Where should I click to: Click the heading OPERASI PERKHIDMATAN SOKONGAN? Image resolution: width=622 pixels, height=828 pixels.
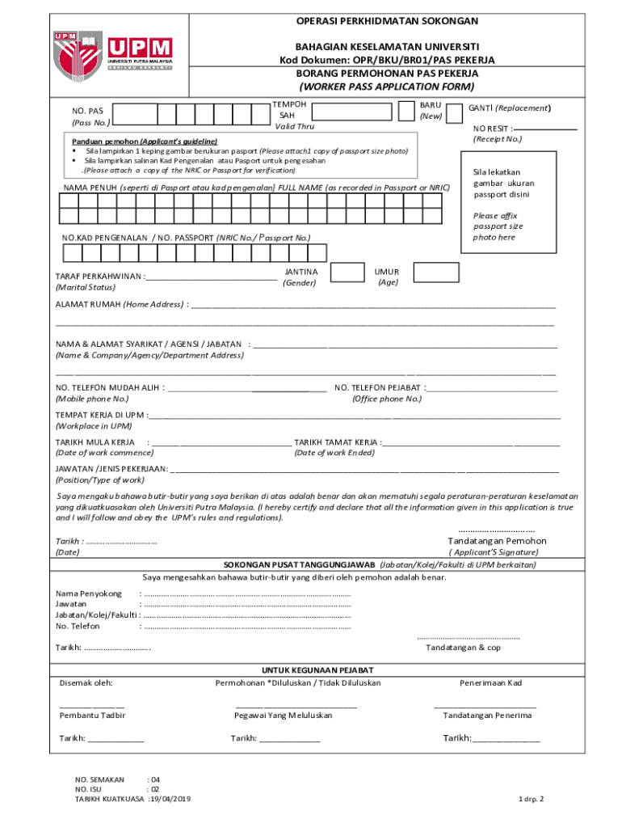coord(387,21)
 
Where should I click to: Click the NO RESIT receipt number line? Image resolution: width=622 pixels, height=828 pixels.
coord(546,128)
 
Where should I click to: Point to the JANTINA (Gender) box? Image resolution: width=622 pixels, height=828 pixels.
coord(348,272)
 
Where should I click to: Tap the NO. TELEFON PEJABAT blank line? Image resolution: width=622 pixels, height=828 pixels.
coord(494,388)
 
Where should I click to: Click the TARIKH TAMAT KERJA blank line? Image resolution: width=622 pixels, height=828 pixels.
coord(472,443)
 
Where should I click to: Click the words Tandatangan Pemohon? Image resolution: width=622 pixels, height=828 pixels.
coord(497,541)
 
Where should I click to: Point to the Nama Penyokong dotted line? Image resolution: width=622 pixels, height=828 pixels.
coord(246,594)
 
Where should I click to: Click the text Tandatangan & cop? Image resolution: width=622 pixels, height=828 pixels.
coord(463,647)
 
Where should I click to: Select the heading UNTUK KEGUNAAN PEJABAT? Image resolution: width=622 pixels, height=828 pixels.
coord(317,670)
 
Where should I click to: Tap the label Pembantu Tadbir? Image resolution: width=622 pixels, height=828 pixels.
coord(92,715)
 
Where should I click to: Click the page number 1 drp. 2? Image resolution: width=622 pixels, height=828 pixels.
coord(532,799)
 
